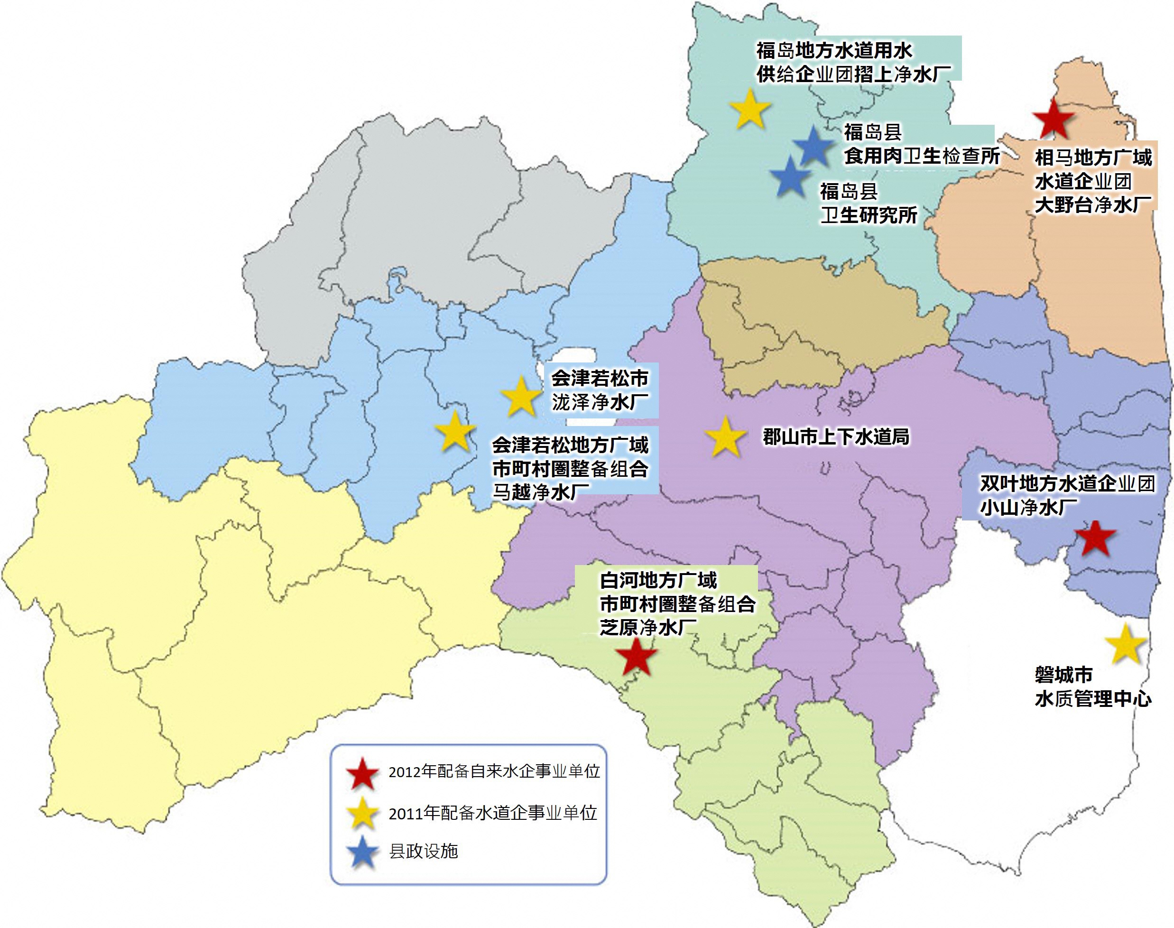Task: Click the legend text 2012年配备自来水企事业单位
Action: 494,771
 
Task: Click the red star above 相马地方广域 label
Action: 1054,119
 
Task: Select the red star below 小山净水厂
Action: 1096,539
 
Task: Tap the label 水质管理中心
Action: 1092,699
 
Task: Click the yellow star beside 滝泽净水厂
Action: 521,397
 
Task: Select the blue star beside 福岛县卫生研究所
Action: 790,177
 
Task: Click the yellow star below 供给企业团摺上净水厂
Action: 750,110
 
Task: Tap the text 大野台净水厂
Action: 1092,205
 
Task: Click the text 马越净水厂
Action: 541,492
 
